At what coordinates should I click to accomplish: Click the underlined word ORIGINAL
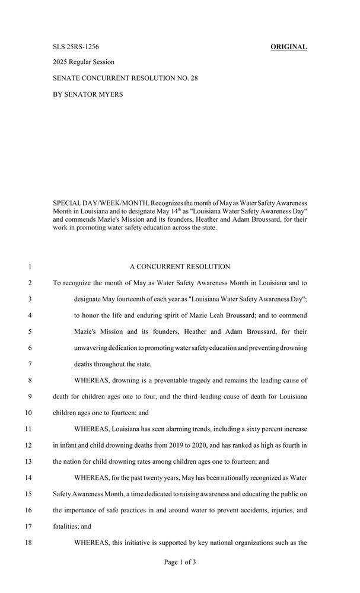[289, 47]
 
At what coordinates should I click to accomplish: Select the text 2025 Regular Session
[84, 62]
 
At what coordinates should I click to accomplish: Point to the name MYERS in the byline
[108, 94]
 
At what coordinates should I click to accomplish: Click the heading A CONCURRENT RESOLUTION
[180, 267]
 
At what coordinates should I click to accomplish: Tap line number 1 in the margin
[29, 267]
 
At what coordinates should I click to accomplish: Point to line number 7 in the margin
[29, 364]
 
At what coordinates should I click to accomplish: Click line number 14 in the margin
[28, 477]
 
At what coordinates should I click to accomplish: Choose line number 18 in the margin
[28, 541]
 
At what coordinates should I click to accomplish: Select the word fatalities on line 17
[66, 525]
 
